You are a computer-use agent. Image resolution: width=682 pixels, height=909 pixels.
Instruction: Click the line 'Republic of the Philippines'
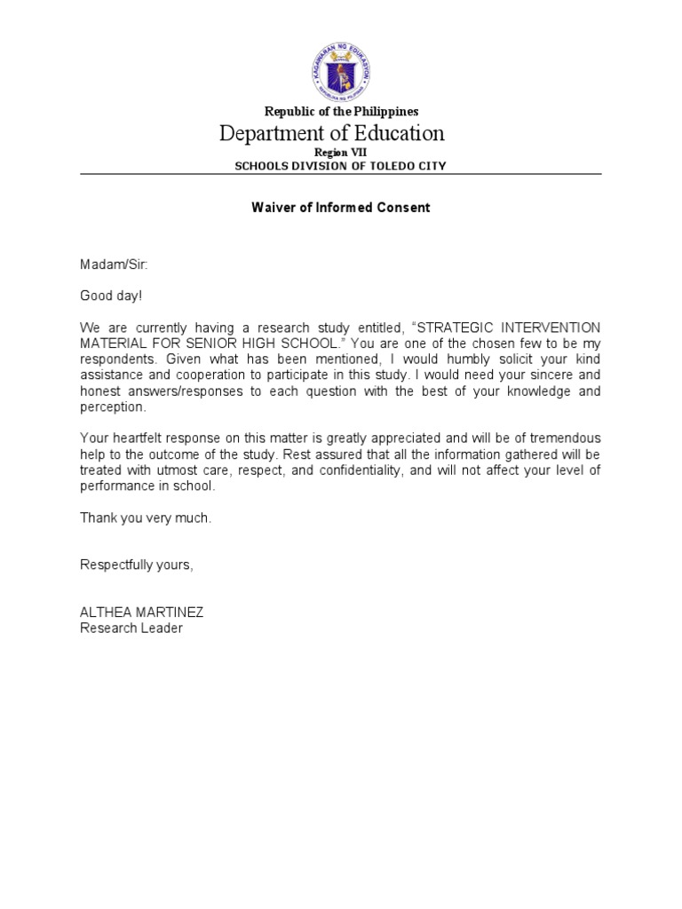(x=341, y=112)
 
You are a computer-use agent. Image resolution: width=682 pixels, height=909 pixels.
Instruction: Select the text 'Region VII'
(x=341, y=153)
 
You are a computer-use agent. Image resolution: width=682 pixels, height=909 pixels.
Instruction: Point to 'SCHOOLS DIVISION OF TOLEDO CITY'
(x=341, y=166)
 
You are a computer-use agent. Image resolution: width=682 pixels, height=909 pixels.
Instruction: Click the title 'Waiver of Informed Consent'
(x=341, y=208)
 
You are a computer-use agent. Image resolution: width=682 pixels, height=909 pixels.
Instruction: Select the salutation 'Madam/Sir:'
(x=108, y=264)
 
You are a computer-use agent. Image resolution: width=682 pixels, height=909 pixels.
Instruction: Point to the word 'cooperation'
(x=194, y=375)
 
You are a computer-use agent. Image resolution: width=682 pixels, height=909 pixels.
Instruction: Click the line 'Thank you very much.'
(x=146, y=518)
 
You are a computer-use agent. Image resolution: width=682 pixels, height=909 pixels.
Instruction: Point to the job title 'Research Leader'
(x=131, y=628)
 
